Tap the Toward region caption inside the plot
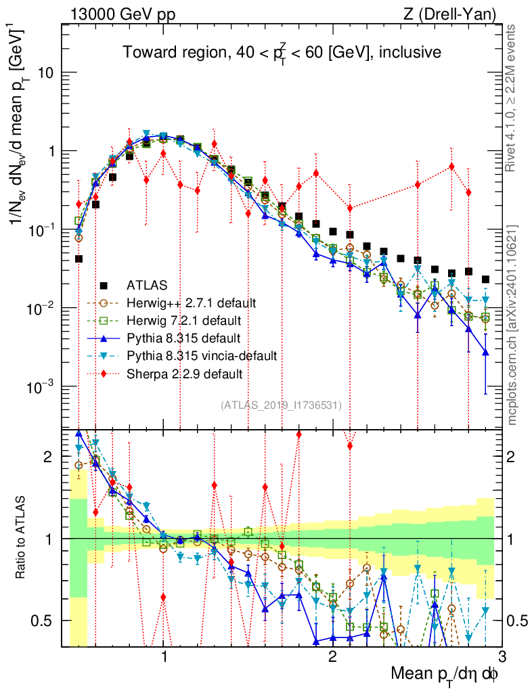click(x=282, y=52)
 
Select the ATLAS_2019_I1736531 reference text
click(x=281, y=405)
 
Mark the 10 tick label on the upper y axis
click(x=46, y=73)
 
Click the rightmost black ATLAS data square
click(x=485, y=280)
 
